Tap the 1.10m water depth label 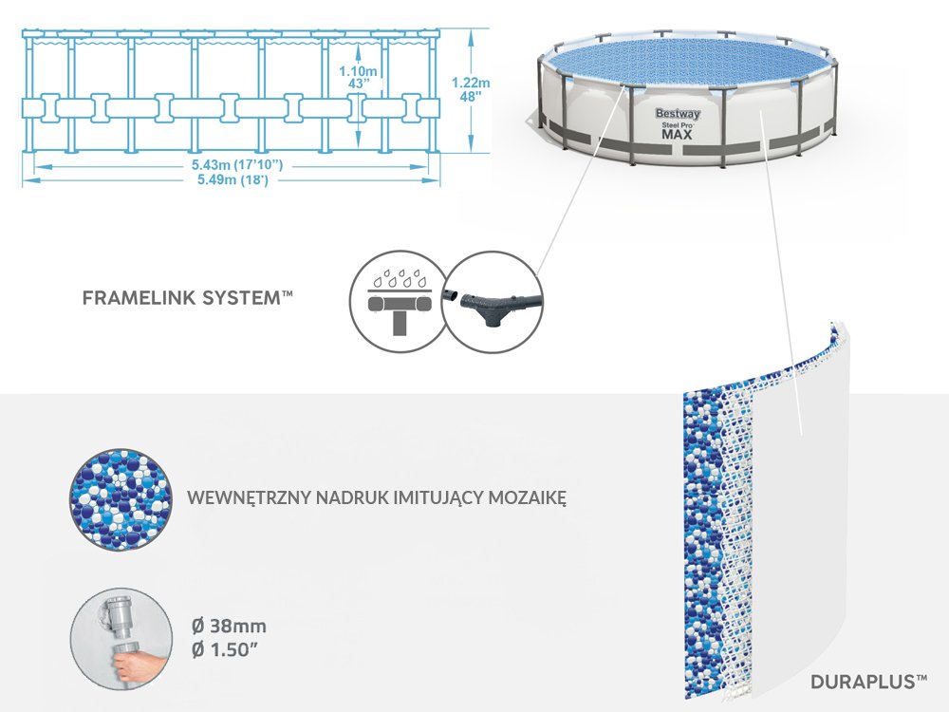coord(358,70)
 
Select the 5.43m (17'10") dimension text coord(231,165)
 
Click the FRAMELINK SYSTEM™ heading coord(187,297)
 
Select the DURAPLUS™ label coord(868,681)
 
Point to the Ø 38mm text coord(229,626)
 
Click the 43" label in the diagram coord(359,84)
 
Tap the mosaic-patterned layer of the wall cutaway coord(702,532)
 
